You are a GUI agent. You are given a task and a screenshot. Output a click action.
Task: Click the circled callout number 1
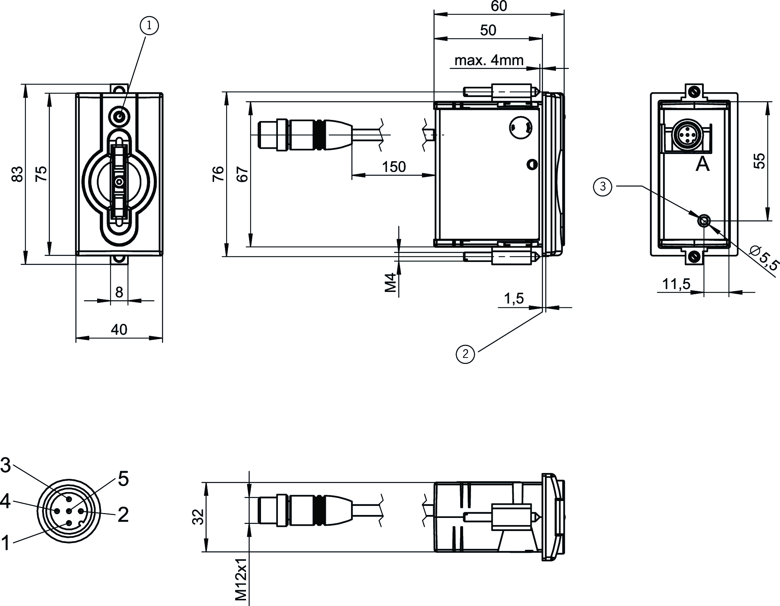click(x=149, y=26)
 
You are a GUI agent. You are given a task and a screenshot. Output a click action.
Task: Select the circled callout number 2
click(x=465, y=354)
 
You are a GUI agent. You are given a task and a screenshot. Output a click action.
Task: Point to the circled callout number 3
click(x=603, y=186)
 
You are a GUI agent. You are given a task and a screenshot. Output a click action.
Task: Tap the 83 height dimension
click(x=18, y=174)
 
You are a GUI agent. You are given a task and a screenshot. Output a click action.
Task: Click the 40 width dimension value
click(x=119, y=329)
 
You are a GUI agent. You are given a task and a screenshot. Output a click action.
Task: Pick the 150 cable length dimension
click(x=394, y=167)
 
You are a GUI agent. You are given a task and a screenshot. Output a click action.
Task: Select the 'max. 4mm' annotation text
click(x=489, y=60)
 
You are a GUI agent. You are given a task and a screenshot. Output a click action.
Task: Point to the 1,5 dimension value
click(x=513, y=298)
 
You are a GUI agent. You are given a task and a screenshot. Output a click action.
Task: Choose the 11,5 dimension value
click(x=676, y=284)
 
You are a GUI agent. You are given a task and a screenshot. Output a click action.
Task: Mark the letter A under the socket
click(x=702, y=164)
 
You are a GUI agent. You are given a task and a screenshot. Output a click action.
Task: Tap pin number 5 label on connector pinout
click(x=123, y=479)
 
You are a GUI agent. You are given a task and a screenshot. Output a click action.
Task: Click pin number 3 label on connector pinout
click(x=6, y=465)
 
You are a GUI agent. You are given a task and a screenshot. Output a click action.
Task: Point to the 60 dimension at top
click(x=499, y=6)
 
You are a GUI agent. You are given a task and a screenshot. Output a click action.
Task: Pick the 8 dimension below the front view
click(x=119, y=292)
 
